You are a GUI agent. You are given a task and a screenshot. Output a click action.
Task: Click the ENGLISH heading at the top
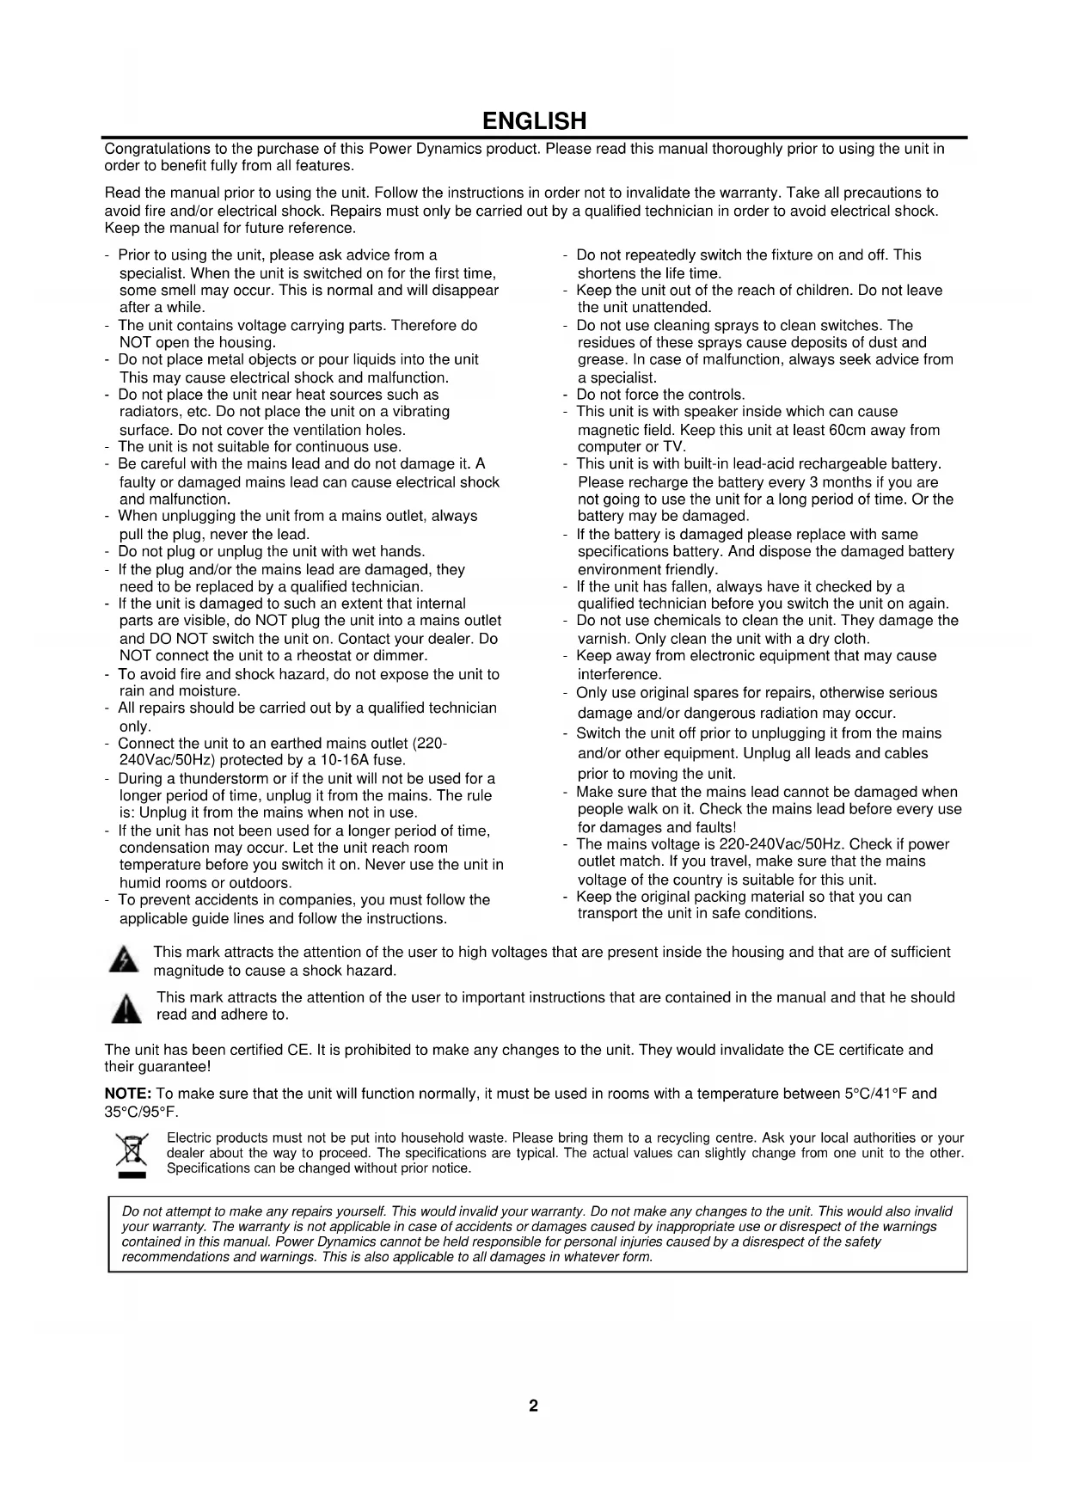click(x=534, y=120)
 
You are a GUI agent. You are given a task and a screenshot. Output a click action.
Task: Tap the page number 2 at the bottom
click(x=533, y=1407)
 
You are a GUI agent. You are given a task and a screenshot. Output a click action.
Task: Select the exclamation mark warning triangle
click(x=126, y=1008)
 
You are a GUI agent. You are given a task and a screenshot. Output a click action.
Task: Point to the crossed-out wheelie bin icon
click(x=132, y=1154)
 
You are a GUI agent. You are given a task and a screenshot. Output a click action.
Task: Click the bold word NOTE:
click(x=128, y=1094)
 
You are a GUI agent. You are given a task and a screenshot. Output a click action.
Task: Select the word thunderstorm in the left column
click(x=224, y=779)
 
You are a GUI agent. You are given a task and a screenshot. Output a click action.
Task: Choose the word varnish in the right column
click(x=604, y=639)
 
